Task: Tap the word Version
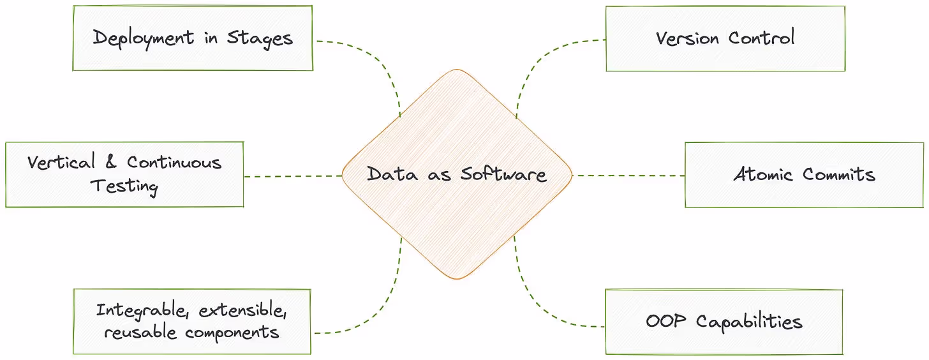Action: pyautogui.click(x=688, y=38)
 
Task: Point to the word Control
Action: pyautogui.click(x=761, y=38)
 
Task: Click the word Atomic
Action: pyautogui.click(x=763, y=174)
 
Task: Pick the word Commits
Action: pyautogui.click(x=838, y=174)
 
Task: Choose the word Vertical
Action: pyautogui.click(x=61, y=162)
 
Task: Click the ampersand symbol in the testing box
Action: pyautogui.click(x=111, y=162)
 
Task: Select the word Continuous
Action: pyautogui.click(x=174, y=162)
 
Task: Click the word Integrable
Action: pyautogui.click(x=143, y=311)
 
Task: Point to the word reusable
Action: pyautogui.click(x=141, y=333)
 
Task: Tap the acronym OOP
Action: pyautogui.click(x=666, y=320)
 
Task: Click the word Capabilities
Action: pyautogui.click(x=749, y=321)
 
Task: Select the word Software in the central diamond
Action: pyautogui.click(x=503, y=174)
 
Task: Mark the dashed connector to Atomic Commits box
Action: pyautogui.click(x=628, y=176)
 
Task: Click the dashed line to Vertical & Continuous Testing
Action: pyautogui.click(x=293, y=176)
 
